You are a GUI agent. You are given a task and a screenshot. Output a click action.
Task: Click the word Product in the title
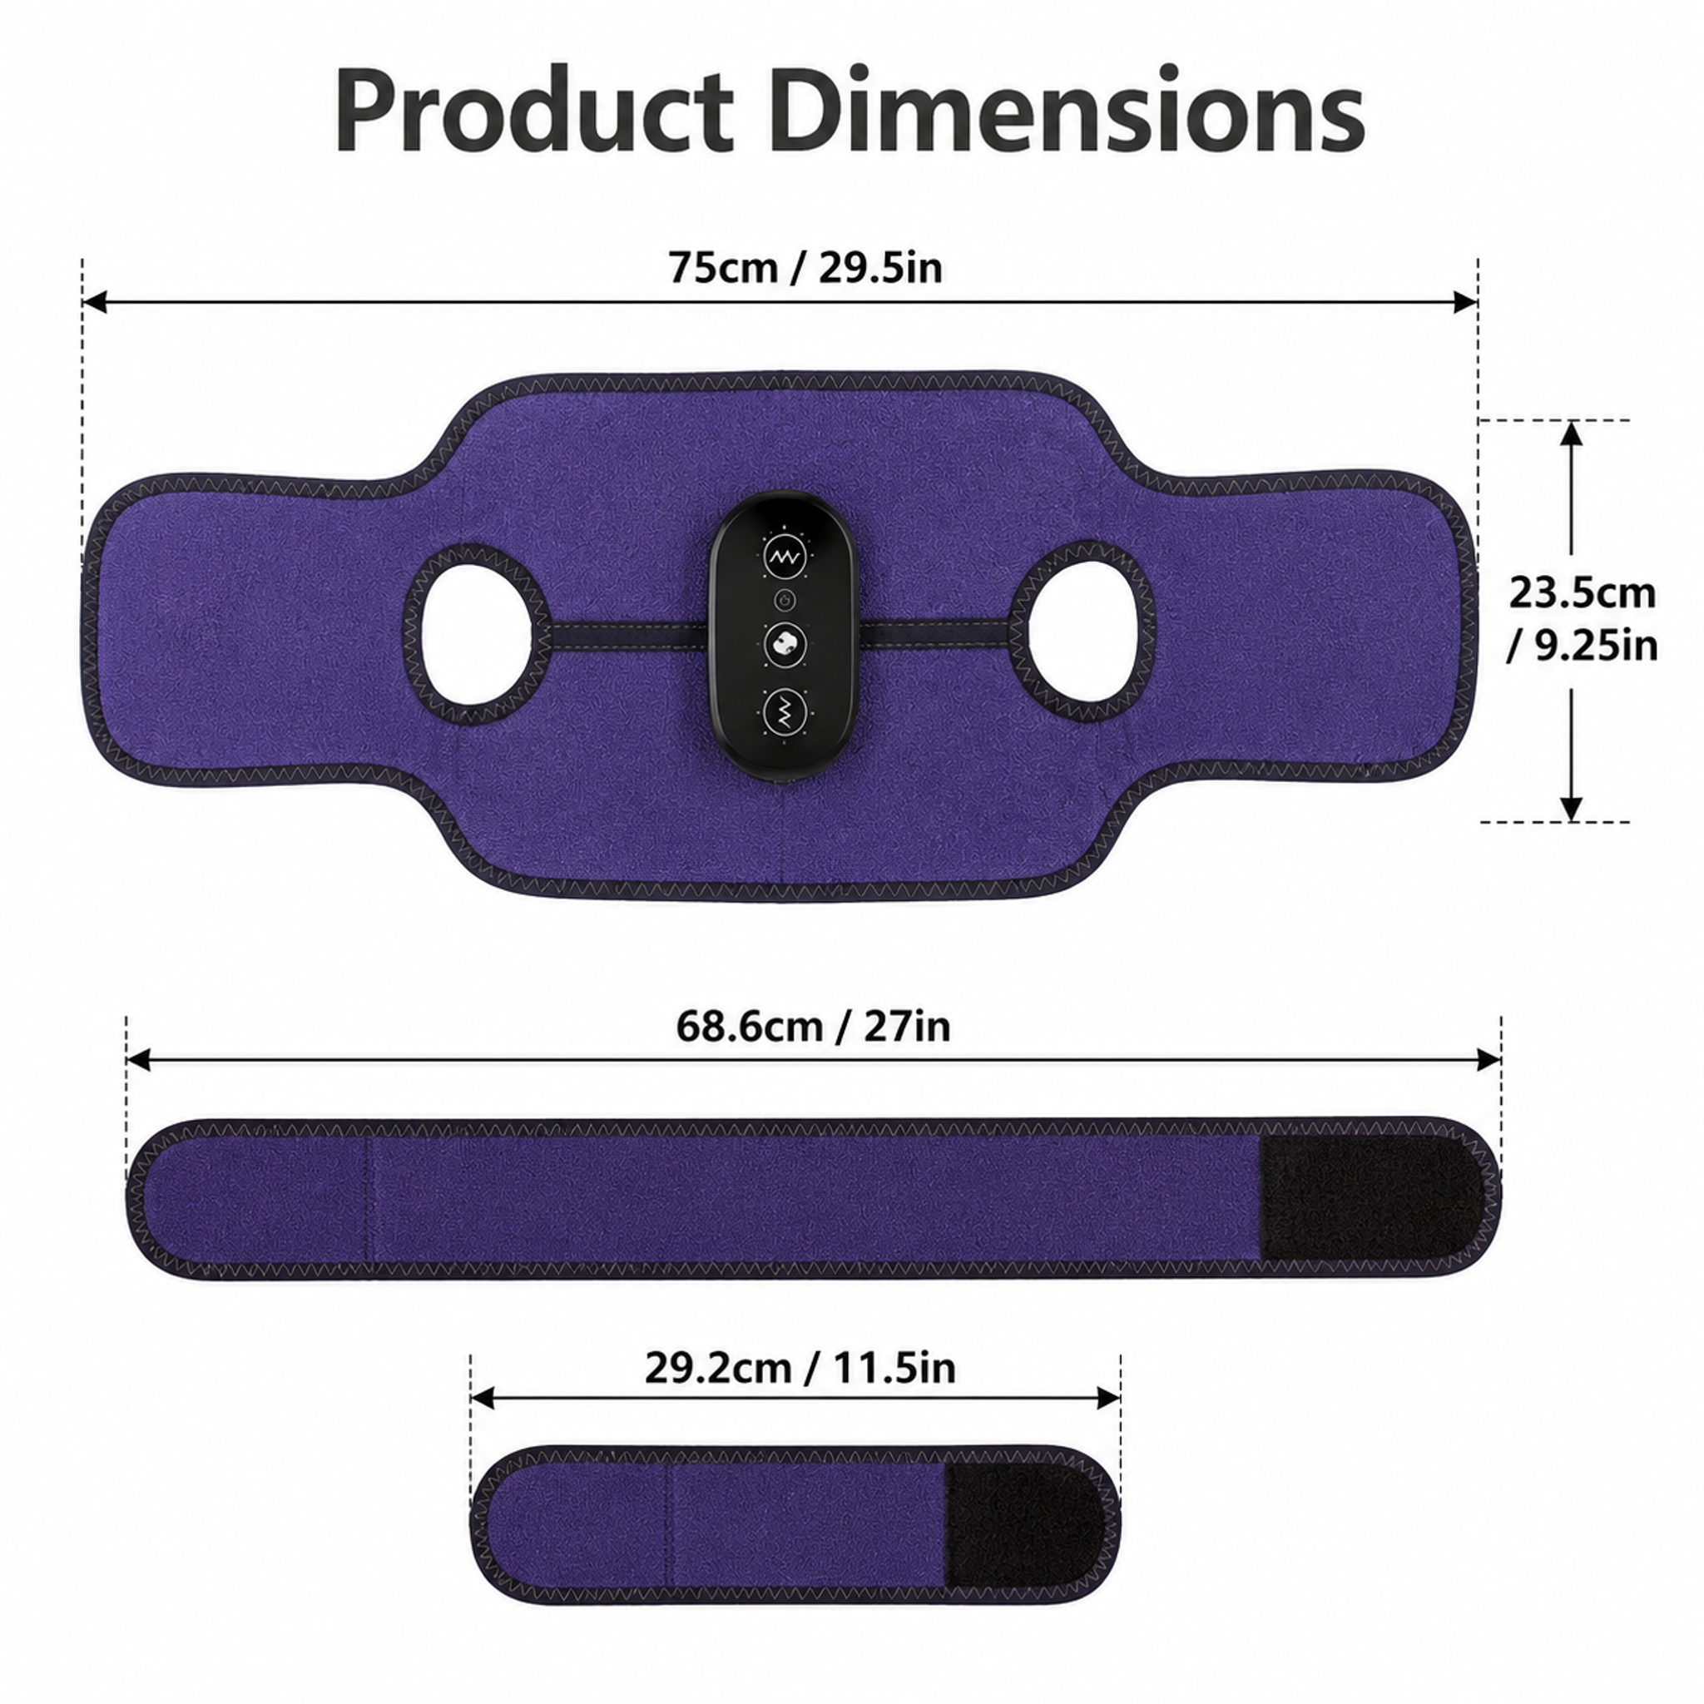point(534,113)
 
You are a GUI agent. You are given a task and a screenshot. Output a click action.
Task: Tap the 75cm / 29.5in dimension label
point(805,266)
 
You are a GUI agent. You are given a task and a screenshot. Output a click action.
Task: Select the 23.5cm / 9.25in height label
point(1583,619)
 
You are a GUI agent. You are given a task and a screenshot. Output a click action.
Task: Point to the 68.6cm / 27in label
point(813,1026)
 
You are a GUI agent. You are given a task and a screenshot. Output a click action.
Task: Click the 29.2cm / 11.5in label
point(800,1368)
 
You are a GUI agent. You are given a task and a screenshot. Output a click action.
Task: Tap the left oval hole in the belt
point(477,635)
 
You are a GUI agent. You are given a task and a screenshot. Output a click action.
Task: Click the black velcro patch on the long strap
point(1372,1199)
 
